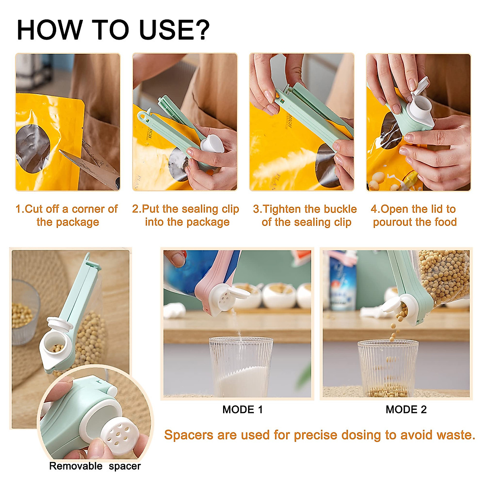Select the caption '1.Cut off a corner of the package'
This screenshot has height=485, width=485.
point(67,215)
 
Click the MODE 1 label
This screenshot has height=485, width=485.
point(242,409)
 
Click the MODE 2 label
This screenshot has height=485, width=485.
point(406,409)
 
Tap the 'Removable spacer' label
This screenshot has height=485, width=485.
point(95,466)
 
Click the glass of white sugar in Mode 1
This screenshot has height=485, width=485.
point(241,368)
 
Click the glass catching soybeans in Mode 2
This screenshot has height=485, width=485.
point(388,368)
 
